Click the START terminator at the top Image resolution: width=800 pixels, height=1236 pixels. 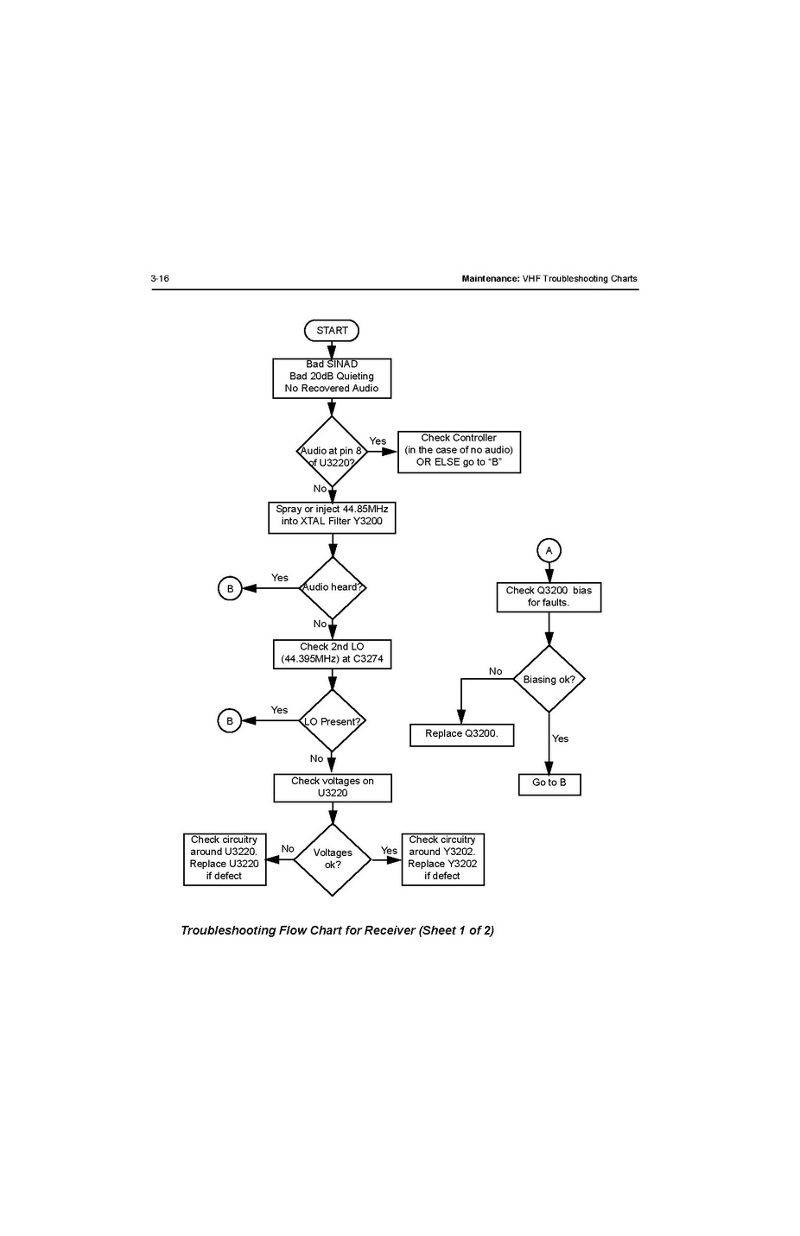pyautogui.click(x=332, y=331)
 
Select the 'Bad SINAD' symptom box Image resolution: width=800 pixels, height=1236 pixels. pyautogui.click(x=332, y=377)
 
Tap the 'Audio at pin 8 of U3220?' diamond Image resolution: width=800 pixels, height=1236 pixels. pyautogui.click(x=332, y=452)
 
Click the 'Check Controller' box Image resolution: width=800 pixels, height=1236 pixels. pyautogui.click(x=459, y=451)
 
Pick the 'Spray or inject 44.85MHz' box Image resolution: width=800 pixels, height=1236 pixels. pyautogui.click(x=332, y=517)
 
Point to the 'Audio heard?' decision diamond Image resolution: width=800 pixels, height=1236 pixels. pyautogui.click(x=333, y=588)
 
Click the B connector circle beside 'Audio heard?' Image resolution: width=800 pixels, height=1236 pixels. pyautogui.click(x=230, y=589)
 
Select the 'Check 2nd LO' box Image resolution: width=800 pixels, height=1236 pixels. pyautogui.click(x=332, y=654)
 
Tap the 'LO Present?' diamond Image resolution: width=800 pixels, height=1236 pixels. pyautogui.click(x=333, y=721)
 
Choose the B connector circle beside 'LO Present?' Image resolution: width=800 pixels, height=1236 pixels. pyautogui.click(x=230, y=721)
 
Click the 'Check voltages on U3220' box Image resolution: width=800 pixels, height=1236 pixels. pyautogui.click(x=333, y=788)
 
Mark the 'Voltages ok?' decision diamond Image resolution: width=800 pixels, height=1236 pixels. pyautogui.click(x=333, y=859)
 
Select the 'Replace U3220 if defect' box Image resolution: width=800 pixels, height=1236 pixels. pyautogui.click(x=225, y=859)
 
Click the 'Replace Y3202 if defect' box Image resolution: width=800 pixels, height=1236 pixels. pyautogui.click(x=442, y=859)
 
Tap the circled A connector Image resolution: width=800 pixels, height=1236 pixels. pyautogui.click(x=549, y=550)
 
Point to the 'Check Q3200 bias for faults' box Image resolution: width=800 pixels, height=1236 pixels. pyautogui.click(x=549, y=597)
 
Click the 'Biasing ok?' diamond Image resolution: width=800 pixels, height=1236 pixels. pyautogui.click(x=549, y=680)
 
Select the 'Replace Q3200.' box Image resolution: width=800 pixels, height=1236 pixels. pyautogui.click(x=461, y=734)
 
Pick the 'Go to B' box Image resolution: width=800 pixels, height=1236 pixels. pyautogui.click(x=549, y=783)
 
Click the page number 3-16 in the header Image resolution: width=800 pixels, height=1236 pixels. pyautogui.click(x=160, y=278)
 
